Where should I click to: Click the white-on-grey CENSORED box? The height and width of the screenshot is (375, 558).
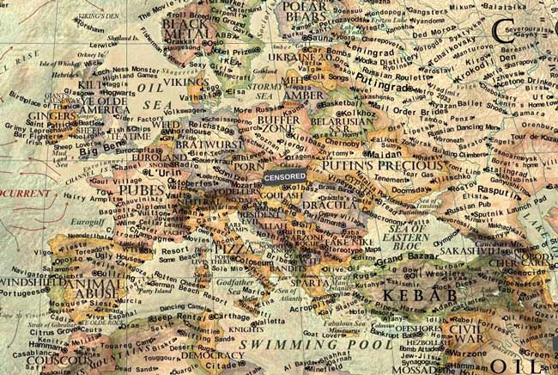(x=285, y=175)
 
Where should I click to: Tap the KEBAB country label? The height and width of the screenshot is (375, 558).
(x=407, y=295)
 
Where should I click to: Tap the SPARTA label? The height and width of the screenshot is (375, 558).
(x=311, y=283)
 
